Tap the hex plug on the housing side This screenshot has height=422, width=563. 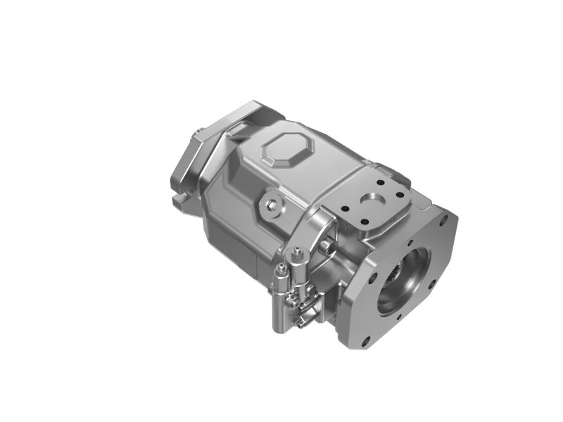[x=272, y=205]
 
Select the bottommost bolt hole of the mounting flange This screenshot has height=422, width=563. [x=365, y=343]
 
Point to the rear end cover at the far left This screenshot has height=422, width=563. [x=189, y=162]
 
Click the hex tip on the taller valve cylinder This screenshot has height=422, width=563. [x=297, y=250]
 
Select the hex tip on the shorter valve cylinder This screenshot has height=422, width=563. [x=281, y=267]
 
